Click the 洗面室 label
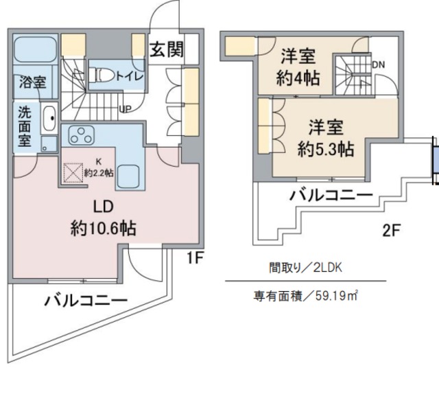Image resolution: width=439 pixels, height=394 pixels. pyautogui.click(x=23, y=125)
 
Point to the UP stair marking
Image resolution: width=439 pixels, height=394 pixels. pyautogui.click(x=126, y=108)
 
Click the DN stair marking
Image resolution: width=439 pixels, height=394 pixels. pyautogui.click(x=378, y=65)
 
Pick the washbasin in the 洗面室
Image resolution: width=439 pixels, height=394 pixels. pyautogui.click(x=49, y=119)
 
